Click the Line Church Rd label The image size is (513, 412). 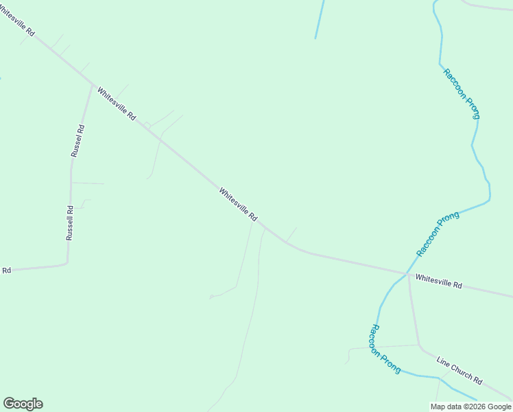(x=460, y=370)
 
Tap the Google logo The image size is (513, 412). (x=23, y=404)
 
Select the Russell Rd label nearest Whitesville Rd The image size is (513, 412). (x=77, y=141)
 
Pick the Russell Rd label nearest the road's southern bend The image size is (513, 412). (x=69, y=223)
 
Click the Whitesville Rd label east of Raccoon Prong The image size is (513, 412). (x=439, y=281)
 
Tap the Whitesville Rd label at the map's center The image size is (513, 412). (x=238, y=204)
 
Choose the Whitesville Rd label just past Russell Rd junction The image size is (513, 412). (x=116, y=104)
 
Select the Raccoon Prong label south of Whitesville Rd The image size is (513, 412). (x=385, y=349)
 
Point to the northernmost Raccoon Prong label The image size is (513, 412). (x=462, y=94)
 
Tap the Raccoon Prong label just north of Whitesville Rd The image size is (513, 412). (x=438, y=234)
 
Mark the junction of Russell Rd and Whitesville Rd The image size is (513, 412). (x=92, y=85)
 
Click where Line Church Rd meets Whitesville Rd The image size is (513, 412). (x=408, y=275)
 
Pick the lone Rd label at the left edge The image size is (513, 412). (x=6, y=271)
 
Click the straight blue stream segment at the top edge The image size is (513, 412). (x=320, y=19)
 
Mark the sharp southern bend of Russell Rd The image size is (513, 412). (x=67, y=262)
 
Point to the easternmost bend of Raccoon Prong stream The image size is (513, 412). (x=490, y=199)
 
